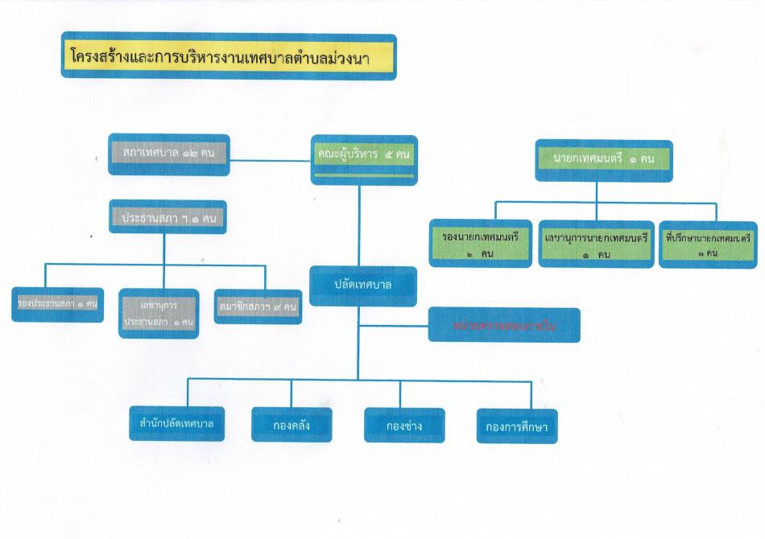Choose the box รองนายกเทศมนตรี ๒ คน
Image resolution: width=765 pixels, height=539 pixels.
[x=481, y=243]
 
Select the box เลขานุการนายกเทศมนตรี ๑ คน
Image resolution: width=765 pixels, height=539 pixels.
[x=595, y=243]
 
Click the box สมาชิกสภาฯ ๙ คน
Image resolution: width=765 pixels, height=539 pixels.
[x=258, y=306]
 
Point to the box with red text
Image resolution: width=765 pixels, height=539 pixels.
[x=504, y=324]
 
